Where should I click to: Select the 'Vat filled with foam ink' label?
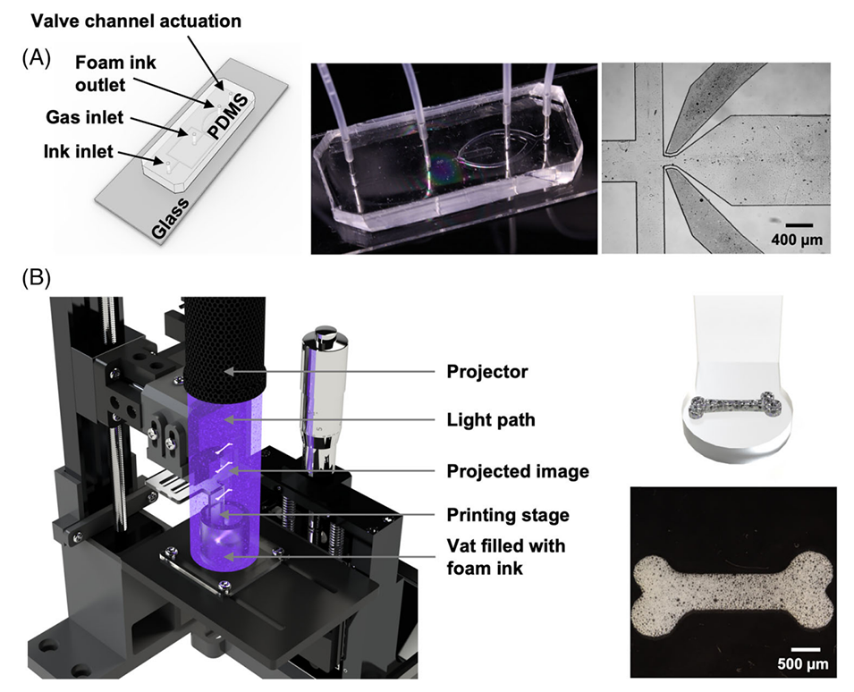coord(507,555)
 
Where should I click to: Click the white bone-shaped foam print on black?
coord(732,584)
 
